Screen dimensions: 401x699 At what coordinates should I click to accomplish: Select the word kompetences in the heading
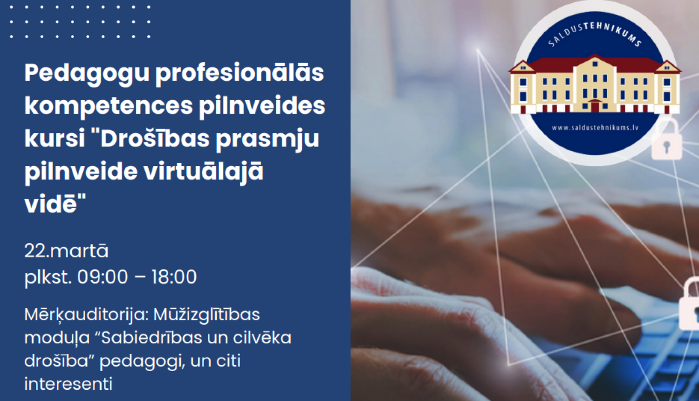108,106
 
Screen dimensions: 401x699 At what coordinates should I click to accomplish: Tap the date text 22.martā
66,251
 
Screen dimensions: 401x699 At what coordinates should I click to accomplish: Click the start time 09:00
103,277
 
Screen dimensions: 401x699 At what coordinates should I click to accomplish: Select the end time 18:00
174,277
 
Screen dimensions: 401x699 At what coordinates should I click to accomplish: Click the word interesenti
68,384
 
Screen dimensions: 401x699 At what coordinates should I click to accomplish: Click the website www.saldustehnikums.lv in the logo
595,128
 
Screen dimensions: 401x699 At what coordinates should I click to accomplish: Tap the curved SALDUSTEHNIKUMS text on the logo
595,33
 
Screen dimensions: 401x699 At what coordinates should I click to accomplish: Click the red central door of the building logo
595,106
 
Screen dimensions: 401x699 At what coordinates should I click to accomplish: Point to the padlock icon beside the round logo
666,140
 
